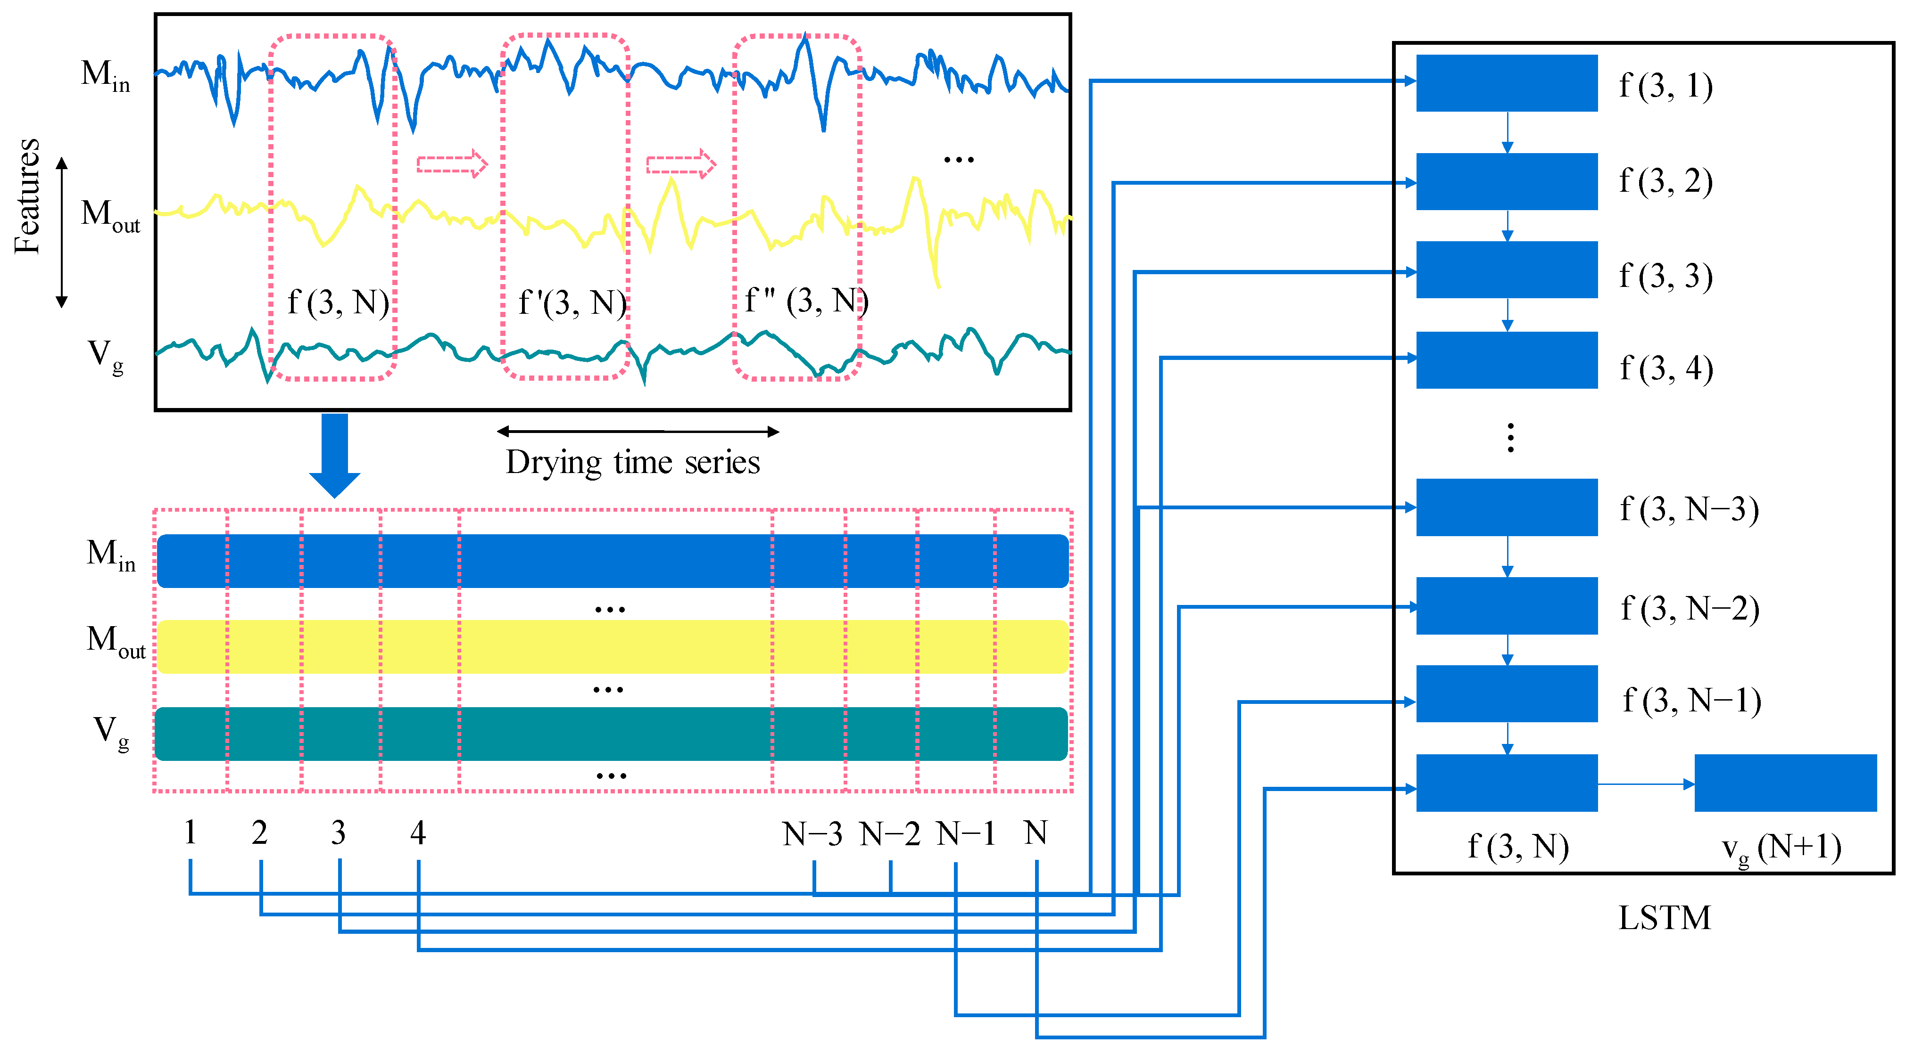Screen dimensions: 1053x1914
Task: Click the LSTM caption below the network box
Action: click(1665, 918)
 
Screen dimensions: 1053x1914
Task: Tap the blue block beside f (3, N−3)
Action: click(1506, 507)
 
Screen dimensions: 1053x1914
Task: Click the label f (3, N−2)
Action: click(1690, 608)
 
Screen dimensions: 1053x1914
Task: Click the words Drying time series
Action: click(632, 462)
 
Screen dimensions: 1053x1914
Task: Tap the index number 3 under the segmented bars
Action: click(338, 833)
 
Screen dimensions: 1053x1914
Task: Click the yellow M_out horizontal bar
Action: click(612, 647)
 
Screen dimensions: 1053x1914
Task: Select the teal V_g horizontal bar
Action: click(611, 734)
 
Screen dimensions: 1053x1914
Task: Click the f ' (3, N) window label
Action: click(572, 303)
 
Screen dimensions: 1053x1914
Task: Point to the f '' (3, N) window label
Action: click(806, 301)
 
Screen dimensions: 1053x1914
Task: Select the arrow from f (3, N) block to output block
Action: click(1646, 784)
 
